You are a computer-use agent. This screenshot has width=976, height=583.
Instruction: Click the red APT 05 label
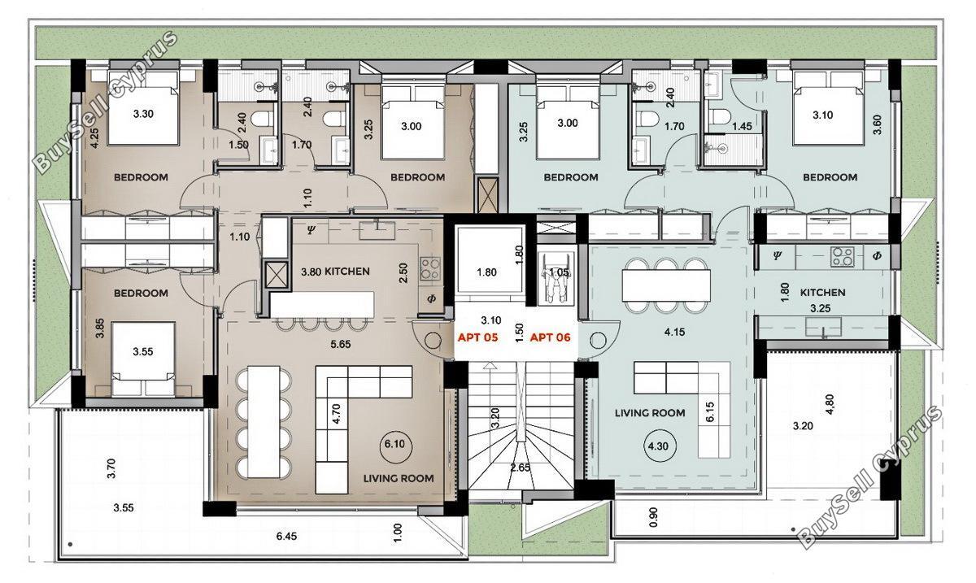click(x=477, y=337)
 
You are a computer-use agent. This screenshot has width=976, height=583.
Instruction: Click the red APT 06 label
click(x=550, y=337)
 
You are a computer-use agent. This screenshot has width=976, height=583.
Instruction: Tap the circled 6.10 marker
click(x=394, y=445)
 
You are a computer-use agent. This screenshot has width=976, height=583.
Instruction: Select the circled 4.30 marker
click(x=657, y=446)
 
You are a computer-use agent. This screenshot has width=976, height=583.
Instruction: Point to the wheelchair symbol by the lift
click(x=554, y=279)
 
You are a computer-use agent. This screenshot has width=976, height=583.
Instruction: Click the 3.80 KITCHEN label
click(x=335, y=272)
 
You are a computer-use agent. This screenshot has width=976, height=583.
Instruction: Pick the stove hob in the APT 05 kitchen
click(x=430, y=268)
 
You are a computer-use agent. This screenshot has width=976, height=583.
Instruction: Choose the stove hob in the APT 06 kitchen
click(x=842, y=257)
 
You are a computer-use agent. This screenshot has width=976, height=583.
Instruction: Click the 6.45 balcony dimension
click(x=286, y=536)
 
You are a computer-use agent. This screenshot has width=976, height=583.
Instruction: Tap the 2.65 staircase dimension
click(x=521, y=468)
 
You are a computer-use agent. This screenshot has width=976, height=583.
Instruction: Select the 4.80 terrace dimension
click(x=830, y=404)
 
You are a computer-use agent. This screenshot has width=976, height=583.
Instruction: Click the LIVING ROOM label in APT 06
click(x=650, y=412)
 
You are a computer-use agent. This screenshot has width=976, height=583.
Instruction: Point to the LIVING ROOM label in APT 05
click(x=399, y=478)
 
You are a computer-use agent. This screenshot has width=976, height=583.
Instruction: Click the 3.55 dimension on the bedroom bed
click(x=143, y=351)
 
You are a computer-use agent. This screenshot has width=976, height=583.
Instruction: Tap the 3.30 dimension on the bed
click(x=143, y=114)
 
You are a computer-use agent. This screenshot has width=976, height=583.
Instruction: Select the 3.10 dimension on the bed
click(x=822, y=115)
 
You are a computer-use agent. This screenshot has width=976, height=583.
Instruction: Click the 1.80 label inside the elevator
click(x=486, y=272)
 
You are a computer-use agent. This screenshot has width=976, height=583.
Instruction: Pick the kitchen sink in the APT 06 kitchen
click(x=823, y=328)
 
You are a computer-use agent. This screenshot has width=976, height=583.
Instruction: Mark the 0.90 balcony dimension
click(x=653, y=517)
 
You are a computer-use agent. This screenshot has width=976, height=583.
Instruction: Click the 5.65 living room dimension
click(x=340, y=344)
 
